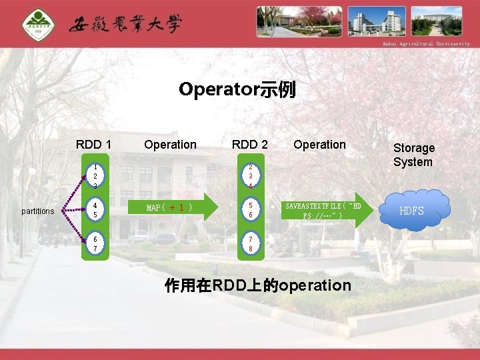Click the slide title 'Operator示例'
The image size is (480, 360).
coord(237,89)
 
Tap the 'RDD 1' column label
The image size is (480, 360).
coord(94,145)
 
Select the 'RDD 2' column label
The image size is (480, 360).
coord(249,145)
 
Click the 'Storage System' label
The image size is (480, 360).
coord(413,155)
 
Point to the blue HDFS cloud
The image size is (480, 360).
coord(411,211)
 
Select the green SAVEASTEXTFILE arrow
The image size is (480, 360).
coord(325,210)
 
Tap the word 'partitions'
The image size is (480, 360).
coord(38,211)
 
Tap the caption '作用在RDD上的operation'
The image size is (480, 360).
coord(257,286)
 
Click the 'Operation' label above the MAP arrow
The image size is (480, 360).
coord(170,145)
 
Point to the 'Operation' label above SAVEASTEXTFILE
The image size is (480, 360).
coord(319,145)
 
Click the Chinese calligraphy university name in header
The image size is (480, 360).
coord(125,25)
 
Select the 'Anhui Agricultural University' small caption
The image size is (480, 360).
coord(426,44)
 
